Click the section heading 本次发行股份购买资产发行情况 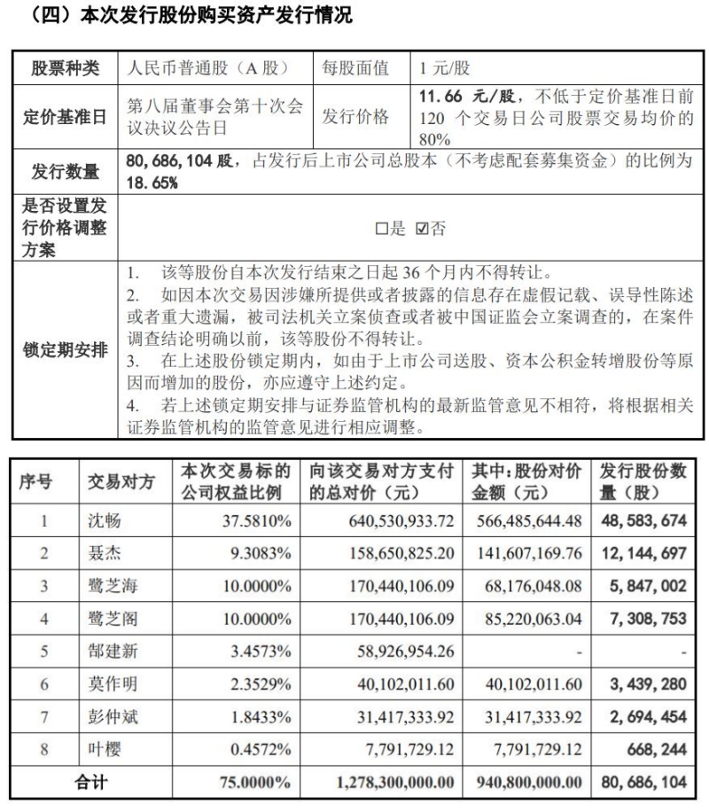[x=204, y=15]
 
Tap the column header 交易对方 [x=121, y=483]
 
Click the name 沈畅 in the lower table [x=104, y=520]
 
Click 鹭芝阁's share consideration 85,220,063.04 [x=528, y=618]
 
